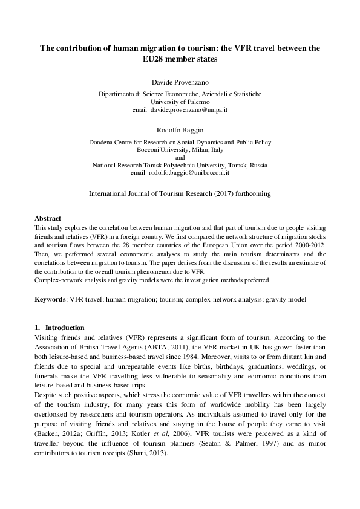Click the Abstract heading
point(48,218)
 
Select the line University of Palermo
point(180,102)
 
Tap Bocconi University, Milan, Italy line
point(180,150)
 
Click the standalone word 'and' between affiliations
point(180,157)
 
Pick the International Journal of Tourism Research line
point(180,194)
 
